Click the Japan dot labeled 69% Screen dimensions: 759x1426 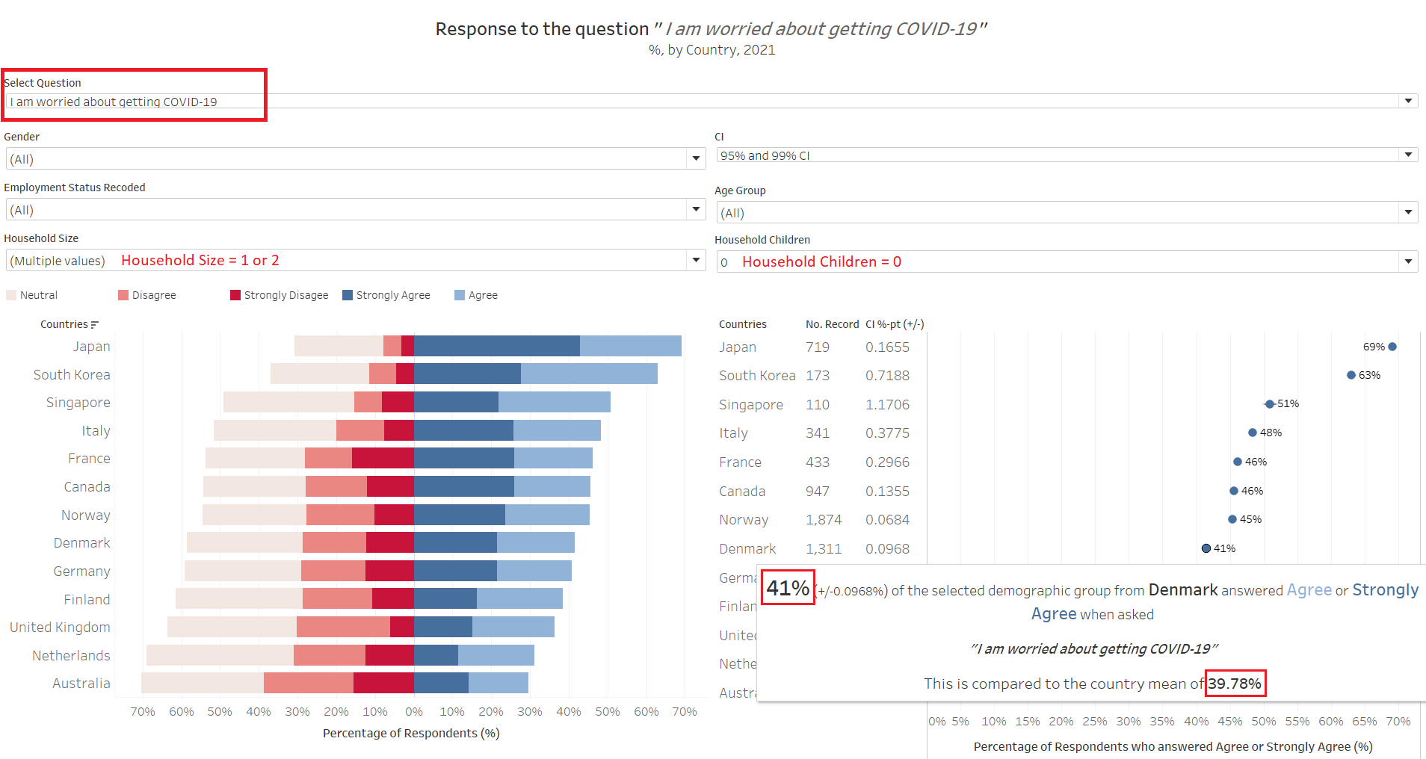[1392, 347]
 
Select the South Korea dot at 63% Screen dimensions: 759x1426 [1351, 375]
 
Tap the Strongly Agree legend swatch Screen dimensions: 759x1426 [348, 295]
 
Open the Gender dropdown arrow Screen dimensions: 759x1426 [696, 158]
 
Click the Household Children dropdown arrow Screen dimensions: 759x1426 [1408, 261]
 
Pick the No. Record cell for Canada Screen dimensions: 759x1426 [817, 491]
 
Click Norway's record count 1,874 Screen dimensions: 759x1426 [823, 520]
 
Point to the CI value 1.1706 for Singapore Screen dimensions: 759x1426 [887, 404]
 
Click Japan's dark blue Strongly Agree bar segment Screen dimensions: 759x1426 [496, 346]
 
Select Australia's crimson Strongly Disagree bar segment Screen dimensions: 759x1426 [383, 683]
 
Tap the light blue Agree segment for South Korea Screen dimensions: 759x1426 [589, 374]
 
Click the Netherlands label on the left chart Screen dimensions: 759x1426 [71, 655]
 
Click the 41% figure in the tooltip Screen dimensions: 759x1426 [788, 588]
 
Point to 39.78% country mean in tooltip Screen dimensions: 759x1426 [1235, 684]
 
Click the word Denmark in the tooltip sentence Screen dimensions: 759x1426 [1183, 590]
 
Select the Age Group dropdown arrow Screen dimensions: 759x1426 [1408, 212]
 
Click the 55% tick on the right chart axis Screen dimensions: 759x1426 [1297, 722]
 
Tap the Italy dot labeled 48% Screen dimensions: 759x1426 [1253, 433]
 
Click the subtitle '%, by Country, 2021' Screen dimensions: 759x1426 [712, 50]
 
